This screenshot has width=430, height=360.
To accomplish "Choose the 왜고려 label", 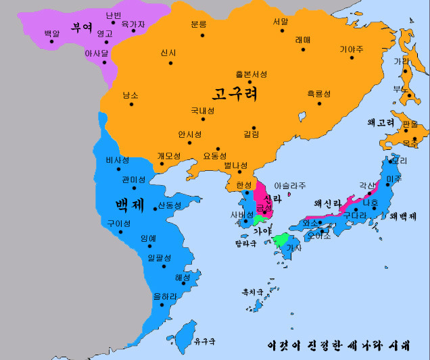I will pyautogui.click(x=381, y=123).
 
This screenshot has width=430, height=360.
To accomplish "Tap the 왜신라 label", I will pyautogui.click(x=328, y=203).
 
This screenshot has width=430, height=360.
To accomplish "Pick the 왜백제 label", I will pyautogui.click(x=403, y=216).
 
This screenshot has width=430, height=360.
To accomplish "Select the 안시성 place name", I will pyautogui.click(x=190, y=134).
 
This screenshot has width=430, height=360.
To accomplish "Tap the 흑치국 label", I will pyautogui.click(x=254, y=293).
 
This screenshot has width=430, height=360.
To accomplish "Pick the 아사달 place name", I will pyautogui.click(x=97, y=52).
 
